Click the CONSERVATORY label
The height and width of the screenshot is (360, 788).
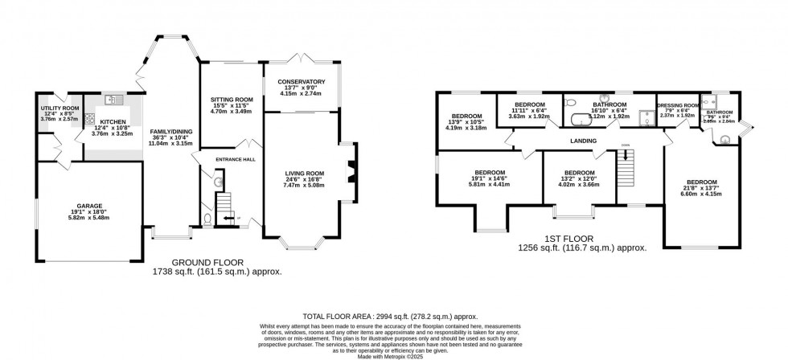301,82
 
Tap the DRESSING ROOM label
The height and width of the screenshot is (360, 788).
676,105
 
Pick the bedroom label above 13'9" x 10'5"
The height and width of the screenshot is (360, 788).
466,115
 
